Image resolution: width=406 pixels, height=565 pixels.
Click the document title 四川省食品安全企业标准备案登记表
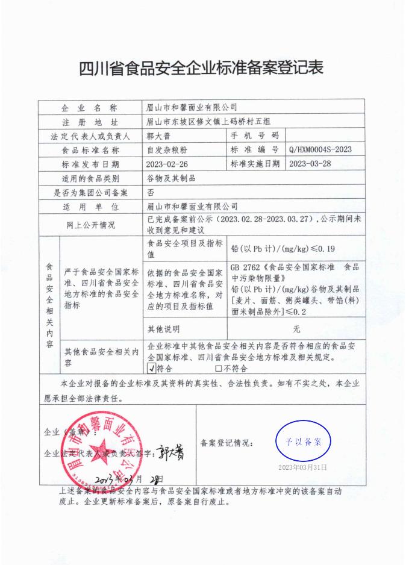(202, 68)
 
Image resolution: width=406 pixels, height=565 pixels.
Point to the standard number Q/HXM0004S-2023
(320, 149)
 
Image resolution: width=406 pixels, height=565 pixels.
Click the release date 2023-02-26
(167, 164)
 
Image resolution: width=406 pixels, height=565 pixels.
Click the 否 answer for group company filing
(151, 192)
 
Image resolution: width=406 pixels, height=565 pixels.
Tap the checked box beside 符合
(151, 369)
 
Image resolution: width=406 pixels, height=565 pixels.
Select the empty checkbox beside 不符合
(218, 369)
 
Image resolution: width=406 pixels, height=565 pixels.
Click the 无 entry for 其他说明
(296, 329)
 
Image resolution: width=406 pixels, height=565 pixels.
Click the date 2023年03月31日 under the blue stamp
(302, 467)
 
